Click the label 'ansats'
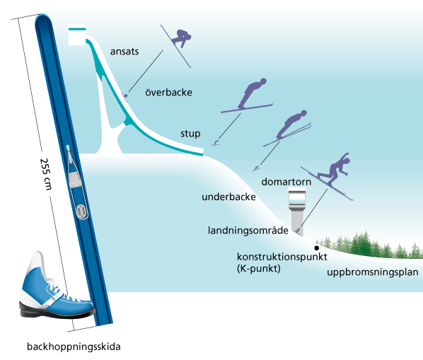pos(124,51)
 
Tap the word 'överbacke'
pos(168,92)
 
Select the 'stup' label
pos(190,134)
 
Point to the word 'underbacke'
pos(228,197)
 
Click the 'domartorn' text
pos(286,182)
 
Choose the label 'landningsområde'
pos(248,231)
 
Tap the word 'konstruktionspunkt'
pos(282,257)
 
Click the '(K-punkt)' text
pos(259,269)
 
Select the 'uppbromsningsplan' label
pos(373,272)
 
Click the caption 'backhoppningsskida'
pos(74,347)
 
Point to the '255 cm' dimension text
pos(46,174)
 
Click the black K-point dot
pos(317,248)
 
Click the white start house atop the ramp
pos(78,35)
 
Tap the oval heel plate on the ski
pos(81,211)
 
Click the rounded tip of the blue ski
pos(43,18)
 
